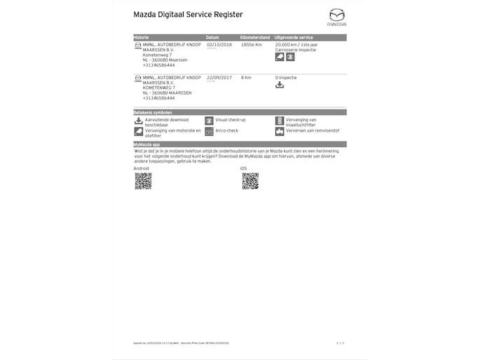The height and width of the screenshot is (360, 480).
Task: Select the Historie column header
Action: (142, 37)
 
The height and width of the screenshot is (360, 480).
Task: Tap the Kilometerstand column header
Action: (255, 37)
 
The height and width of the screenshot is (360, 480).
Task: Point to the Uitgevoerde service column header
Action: (294, 37)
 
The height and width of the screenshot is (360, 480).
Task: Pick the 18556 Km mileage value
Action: (251, 44)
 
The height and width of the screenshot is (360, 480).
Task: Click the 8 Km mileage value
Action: (246, 78)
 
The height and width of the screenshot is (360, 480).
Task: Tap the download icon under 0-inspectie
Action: (280, 85)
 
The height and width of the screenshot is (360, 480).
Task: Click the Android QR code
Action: (143, 181)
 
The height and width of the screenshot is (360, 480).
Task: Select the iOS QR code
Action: (250, 181)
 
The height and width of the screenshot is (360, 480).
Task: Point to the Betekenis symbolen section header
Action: (153, 112)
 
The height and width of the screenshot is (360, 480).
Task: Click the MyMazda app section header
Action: (147, 144)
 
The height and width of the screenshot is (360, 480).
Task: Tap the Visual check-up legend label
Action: (231, 120)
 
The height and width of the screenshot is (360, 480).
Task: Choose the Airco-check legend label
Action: (227, 130)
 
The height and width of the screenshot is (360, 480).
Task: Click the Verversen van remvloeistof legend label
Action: (313, 130)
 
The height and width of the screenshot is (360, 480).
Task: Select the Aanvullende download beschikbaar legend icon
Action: (138, 120)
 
